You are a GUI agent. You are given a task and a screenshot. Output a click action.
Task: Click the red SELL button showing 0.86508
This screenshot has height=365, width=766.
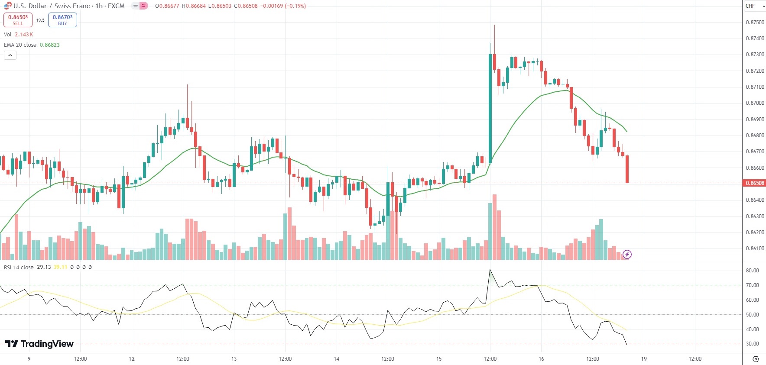coord(18,20)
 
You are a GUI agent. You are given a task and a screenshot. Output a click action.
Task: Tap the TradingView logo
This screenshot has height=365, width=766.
coord(39,344)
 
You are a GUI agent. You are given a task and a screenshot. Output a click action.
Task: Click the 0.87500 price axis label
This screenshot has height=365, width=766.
coord(755,22)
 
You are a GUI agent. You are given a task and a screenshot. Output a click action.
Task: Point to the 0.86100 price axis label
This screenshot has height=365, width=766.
coord(755,249)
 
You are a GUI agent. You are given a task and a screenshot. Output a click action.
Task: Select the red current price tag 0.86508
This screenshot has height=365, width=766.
coord(754,183)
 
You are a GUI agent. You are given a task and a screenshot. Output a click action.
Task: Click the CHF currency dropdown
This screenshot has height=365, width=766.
coord(754,6)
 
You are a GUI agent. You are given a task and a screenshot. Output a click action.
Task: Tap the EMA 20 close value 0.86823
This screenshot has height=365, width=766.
coord(50,45)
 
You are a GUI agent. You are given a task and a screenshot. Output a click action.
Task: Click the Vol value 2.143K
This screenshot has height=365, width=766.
coord(24,35)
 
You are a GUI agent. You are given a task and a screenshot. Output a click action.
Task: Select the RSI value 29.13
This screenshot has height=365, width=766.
coord(44,267)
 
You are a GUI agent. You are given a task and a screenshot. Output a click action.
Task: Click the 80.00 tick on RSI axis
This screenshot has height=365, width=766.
coord(752,271)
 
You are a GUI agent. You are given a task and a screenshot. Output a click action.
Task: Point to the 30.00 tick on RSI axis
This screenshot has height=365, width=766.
coord(752,344)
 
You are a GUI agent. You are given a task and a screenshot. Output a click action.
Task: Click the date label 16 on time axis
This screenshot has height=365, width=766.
coord(541,359)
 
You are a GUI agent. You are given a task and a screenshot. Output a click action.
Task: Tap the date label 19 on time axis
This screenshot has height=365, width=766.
coord(644,359)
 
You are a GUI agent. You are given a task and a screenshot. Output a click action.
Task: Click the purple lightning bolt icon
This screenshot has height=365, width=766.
coord(627,254)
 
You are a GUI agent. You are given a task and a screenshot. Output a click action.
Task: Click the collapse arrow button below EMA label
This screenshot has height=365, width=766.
coord(10,55)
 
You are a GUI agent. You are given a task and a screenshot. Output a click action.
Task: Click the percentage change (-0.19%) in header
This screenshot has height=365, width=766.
coord(295,6)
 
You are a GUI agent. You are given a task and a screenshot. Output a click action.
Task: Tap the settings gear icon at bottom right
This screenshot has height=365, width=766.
coord(756,359)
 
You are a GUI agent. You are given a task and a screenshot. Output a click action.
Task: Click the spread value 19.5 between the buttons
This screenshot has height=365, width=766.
coord(40,20)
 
